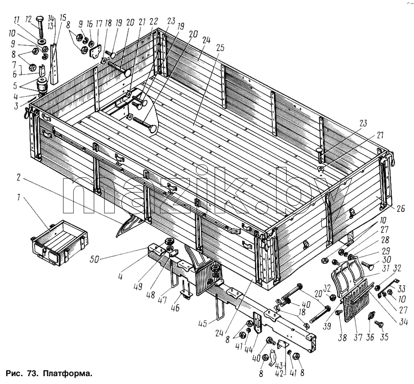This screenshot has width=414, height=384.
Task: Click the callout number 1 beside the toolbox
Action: point(19,197)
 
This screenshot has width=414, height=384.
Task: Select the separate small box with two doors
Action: point(59,243)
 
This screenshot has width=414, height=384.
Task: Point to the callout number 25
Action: point(220,48)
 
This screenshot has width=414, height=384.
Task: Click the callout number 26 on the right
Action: point(400,209)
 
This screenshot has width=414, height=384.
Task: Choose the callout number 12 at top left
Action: point(29,19)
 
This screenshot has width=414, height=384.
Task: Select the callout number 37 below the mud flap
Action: point(358,337)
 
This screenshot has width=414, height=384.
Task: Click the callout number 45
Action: point(202,323)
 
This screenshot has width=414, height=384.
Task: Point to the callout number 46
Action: point(175,307)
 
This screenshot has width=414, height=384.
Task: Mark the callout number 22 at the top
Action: point(154,22)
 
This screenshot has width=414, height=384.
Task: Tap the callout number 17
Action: point(99,24)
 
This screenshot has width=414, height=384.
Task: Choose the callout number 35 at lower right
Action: point(384,337)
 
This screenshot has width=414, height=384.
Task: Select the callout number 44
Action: point(248,350)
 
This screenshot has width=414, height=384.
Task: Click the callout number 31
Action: point(386,268)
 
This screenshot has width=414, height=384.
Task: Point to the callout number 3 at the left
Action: point(16,106)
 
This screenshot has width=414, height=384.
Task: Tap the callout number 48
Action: point(151,295)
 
